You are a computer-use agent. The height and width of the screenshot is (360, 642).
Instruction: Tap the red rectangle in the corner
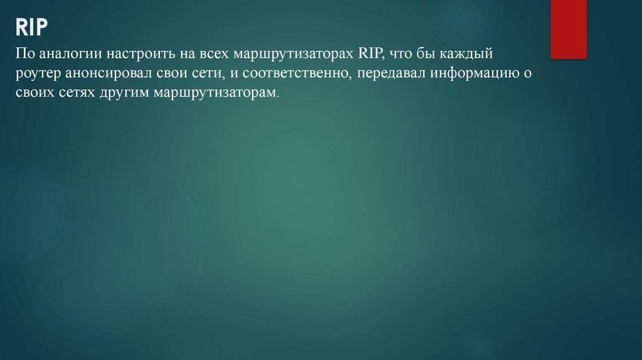point(568,29)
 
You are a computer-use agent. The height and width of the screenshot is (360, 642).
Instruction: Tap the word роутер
point(38,75)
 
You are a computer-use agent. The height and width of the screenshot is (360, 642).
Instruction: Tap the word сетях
point(80,92)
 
